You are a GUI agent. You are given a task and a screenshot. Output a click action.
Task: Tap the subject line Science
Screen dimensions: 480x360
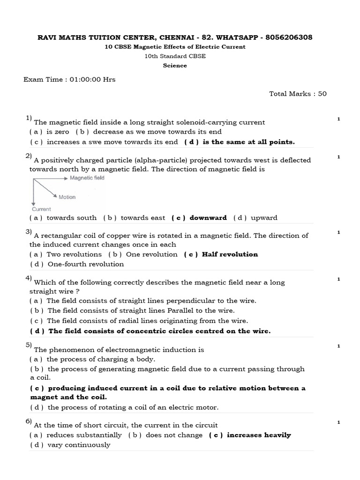(175, 66)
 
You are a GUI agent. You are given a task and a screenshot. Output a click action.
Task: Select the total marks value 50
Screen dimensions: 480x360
(322, 94)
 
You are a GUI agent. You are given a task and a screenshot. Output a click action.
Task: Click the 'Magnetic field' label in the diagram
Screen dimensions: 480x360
(87, 178)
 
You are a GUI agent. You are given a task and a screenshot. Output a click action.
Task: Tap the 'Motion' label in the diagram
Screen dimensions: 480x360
(67, 197)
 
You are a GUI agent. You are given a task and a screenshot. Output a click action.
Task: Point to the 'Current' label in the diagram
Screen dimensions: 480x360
(42, 209)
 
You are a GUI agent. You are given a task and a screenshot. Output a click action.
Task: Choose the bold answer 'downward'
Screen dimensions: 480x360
(208, 218)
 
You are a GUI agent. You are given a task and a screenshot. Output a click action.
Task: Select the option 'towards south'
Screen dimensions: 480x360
(72, 218)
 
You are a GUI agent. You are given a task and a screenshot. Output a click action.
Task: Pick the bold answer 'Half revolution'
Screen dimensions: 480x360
(230, 255)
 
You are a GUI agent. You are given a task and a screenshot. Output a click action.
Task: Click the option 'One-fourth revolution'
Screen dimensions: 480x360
(86, 264)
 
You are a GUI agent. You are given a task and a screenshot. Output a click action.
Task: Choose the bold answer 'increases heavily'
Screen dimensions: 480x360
(259, 435)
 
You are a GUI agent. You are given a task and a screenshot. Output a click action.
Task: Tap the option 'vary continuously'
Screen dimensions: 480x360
(79, 445)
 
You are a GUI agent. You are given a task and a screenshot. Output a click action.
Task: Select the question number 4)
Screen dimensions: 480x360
(29, 278)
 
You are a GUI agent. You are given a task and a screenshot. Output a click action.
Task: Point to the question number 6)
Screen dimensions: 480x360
(29, 421)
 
